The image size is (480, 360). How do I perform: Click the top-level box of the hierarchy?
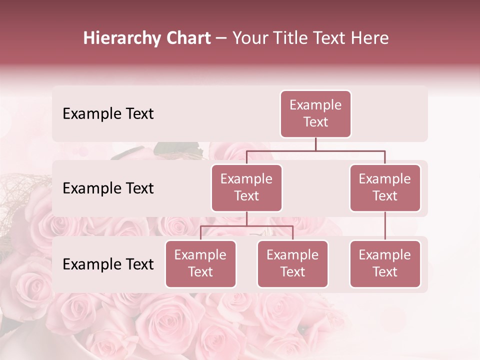coord(315,114)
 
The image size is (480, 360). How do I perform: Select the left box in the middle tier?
coord(246,188)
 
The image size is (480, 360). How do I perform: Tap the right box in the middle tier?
coord(385,188)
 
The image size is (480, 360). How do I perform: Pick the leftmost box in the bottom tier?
coord(200,264)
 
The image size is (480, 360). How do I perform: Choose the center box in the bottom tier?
coord(292,264)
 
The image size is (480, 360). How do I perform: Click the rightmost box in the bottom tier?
coord(385,264)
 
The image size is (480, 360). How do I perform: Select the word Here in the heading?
coord(370,38)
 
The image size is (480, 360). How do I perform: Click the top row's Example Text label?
coord(108,114)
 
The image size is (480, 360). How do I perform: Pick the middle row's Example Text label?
coord(108,188)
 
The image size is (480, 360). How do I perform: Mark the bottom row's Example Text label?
coord(108,264)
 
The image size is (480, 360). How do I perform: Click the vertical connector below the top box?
coord(315,144)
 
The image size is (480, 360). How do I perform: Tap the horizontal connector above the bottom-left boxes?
coord(246,226)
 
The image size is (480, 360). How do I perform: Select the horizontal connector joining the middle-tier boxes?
coord(315,150)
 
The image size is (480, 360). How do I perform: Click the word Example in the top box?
coord(315,105)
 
